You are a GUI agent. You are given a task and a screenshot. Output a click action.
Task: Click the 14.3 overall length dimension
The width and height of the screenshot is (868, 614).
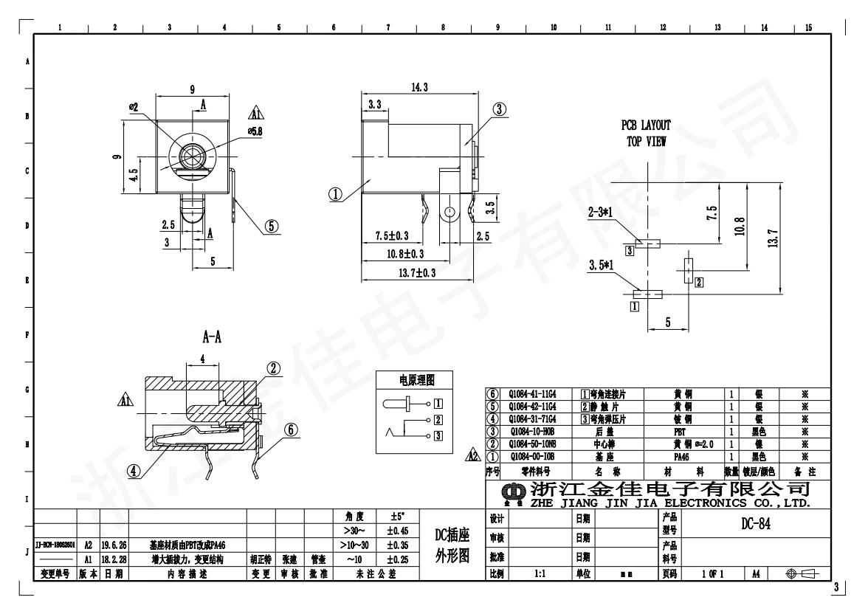[x=419, y=87]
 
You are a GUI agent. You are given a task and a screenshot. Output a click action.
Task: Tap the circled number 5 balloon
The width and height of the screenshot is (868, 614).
[x=272, y=226]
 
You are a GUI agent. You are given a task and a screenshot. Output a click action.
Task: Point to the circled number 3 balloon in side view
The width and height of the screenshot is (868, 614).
[x=500, y=110]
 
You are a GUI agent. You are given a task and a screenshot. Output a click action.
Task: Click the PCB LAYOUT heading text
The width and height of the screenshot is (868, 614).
[x=646, y=125]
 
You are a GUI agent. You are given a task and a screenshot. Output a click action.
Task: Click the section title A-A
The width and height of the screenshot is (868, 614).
[x=213, y=337]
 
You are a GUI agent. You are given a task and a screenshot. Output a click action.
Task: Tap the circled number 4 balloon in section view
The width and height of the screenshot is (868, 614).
[x=134, y=469]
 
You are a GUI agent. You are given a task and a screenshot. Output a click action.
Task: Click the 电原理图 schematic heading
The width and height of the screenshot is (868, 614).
[x=417, y=380]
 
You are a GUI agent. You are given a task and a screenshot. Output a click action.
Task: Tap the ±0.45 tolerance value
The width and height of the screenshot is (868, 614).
[x=399, y=530]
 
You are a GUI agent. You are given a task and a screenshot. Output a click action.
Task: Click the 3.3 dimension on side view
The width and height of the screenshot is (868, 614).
[x=374, y=106]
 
